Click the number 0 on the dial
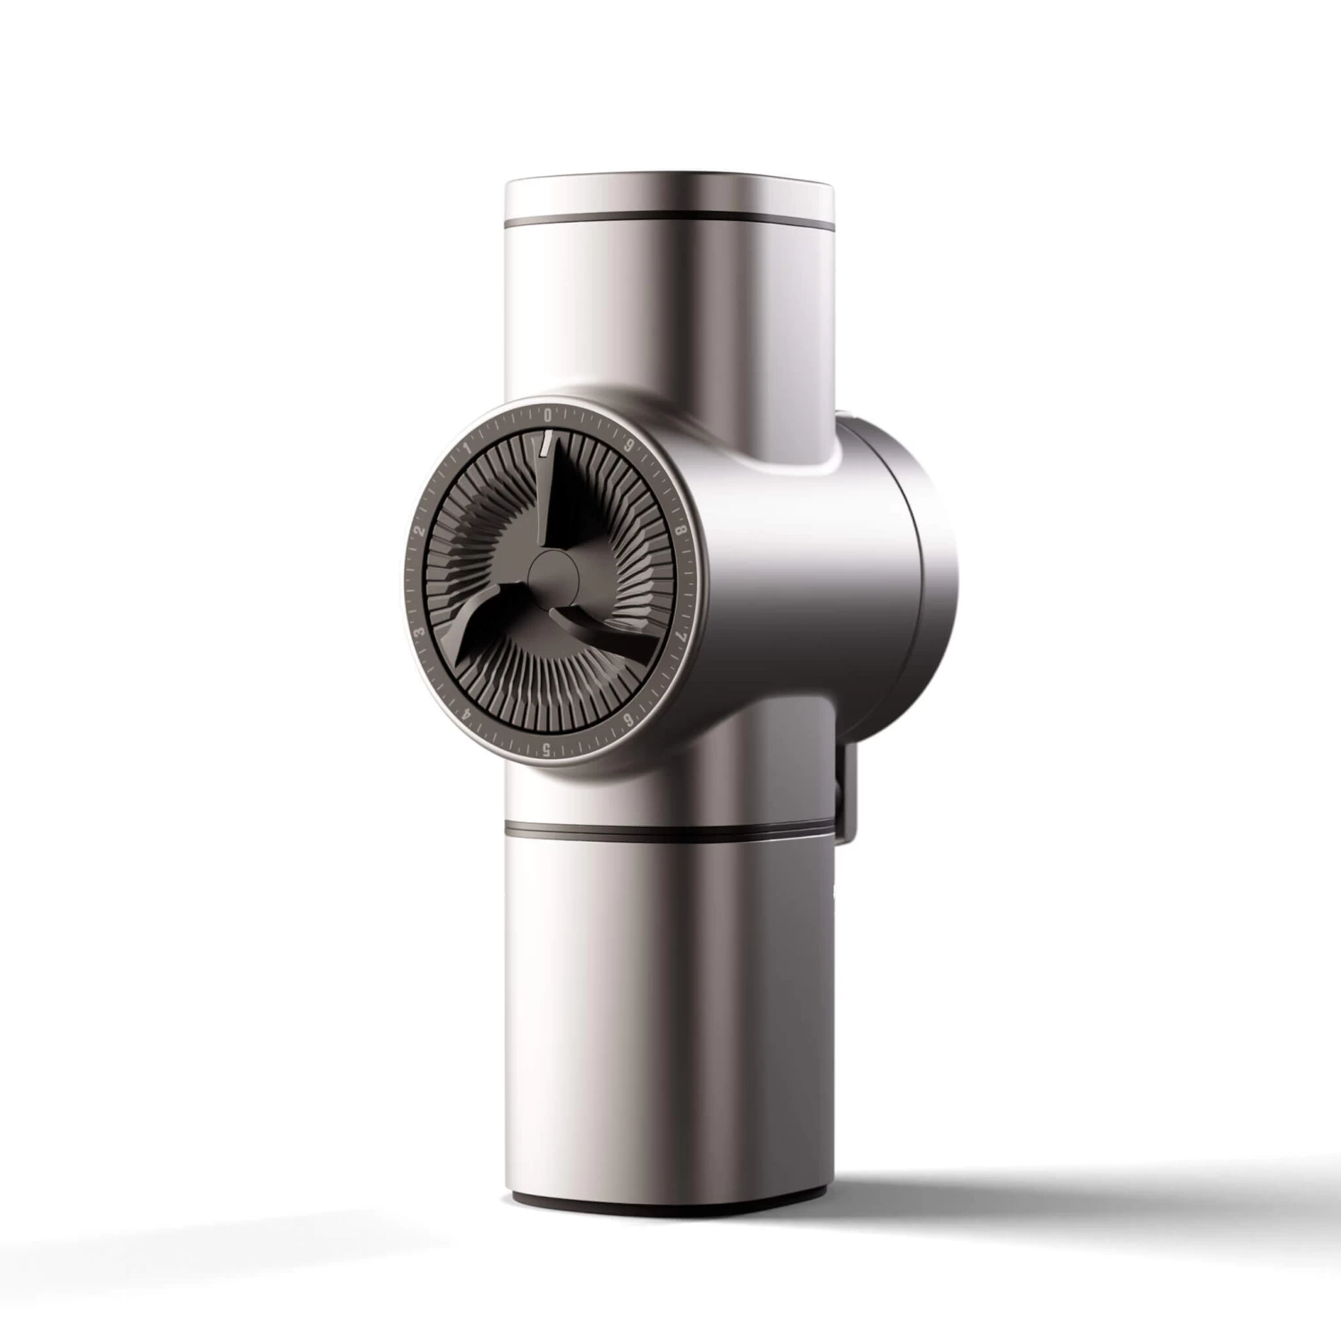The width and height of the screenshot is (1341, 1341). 547,415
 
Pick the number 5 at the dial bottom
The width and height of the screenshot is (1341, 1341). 546,750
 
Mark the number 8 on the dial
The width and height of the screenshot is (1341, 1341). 681,529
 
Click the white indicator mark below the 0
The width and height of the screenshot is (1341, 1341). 544,441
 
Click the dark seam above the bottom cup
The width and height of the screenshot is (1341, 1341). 670,826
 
